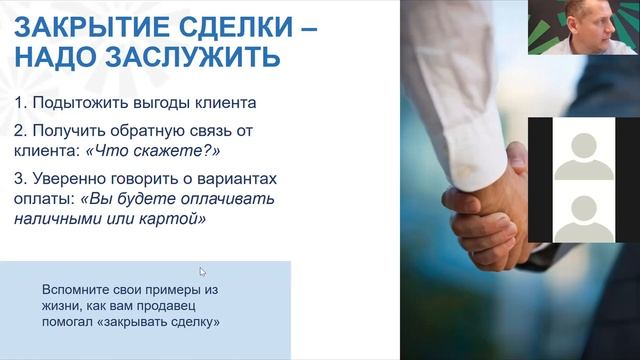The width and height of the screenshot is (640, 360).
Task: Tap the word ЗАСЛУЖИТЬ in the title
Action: pos(190,57)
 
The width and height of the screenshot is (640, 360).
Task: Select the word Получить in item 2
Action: pos(68,131)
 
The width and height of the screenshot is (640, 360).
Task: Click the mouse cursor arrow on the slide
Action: pos(202,270)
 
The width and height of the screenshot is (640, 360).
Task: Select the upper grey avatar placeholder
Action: pos(583,149)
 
